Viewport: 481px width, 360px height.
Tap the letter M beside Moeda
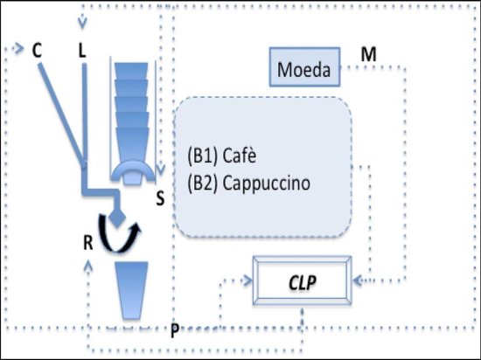click(x=369, y=56)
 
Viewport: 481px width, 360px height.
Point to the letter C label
click(x=38, y=51)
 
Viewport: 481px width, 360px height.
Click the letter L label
click(x=83, y=51)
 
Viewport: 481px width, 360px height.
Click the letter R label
click(x=88, y=241)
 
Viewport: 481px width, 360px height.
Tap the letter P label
click(x=176, y=329)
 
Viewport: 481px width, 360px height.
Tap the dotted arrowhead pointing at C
click(x=22, y=49)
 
